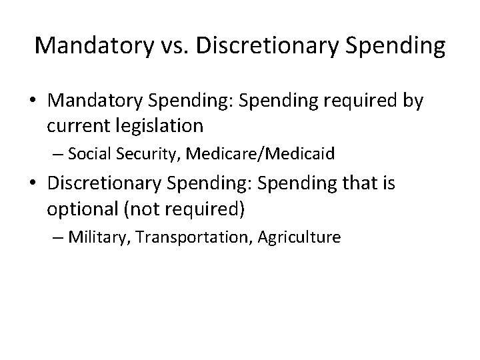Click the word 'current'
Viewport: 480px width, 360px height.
tap(75, 125)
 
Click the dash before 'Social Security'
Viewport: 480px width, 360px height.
tap(59, 155)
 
